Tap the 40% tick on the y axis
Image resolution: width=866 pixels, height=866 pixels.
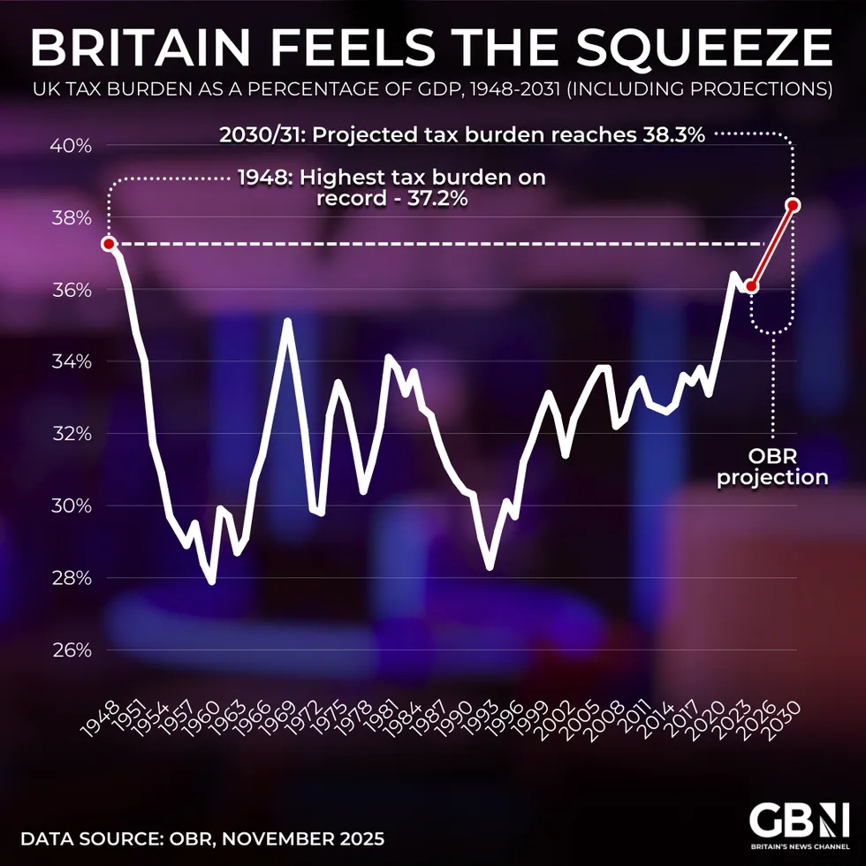[x=71, y=145]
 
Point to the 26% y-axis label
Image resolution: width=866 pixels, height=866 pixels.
[x=71, y=650]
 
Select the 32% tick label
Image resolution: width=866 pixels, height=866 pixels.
[x=71, y=434]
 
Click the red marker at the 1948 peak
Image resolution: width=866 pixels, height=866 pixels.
[x=109, y=244]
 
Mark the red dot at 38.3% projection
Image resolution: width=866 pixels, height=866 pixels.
[x=794, y=205]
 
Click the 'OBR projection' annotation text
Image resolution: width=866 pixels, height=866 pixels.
[x=772, y=467]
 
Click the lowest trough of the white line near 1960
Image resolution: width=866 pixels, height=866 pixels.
[x=211, y=581]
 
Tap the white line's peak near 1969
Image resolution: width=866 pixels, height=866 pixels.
[x=287, y=321]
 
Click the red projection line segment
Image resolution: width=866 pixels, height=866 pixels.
[x=772, y=246]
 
